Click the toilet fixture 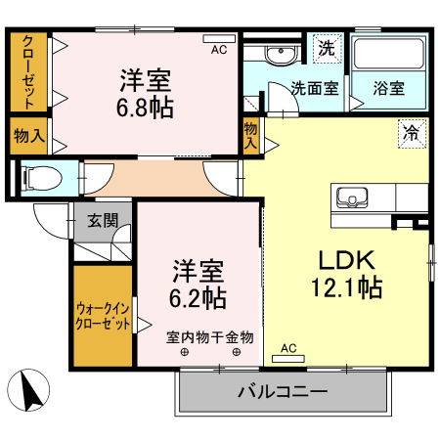(35, 177)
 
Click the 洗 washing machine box (324, 46)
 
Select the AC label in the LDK (288, 348)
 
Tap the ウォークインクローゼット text (103, 317)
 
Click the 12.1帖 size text (347, 288)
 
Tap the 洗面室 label (315, 88)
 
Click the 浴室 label (389, 88)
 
